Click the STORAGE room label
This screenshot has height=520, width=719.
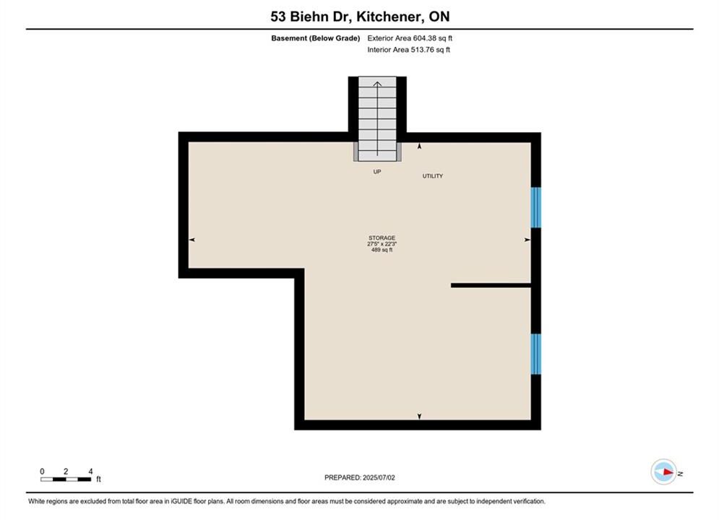[382, 238]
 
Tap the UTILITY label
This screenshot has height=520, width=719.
[432, 176]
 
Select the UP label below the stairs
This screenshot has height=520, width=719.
[377, 172]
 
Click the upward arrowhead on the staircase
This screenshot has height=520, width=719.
[377, 84]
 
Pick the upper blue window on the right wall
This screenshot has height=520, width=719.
[535, 207]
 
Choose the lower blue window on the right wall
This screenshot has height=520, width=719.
[535, 354]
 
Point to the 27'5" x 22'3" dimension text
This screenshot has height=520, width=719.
[382, 244]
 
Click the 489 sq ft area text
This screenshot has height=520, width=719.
[382, 250]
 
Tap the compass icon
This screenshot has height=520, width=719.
[663, 472]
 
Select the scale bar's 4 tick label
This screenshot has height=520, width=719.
[90, 471]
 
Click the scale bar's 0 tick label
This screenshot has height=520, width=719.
[42, 471]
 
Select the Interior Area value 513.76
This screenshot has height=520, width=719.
[422, 50]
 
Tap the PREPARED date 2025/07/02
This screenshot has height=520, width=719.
[379, 477]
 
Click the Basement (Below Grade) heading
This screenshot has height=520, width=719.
[316, 38]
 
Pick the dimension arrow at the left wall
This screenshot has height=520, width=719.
[192, 240]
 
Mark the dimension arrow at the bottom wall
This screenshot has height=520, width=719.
[419, 416]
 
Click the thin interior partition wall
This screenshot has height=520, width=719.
[491, 285]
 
